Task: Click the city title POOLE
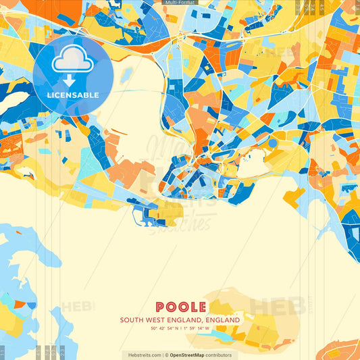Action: (180, 307)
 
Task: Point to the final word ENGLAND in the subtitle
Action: (224, 319)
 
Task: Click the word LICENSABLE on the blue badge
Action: (72, 95)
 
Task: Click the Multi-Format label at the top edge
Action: (180, 3)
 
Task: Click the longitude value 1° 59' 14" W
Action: (196, 328)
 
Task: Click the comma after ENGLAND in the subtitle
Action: (205, 322)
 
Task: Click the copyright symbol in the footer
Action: (166, 355)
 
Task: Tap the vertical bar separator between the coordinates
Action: (180, 328)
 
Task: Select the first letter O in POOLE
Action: (170, 307)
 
